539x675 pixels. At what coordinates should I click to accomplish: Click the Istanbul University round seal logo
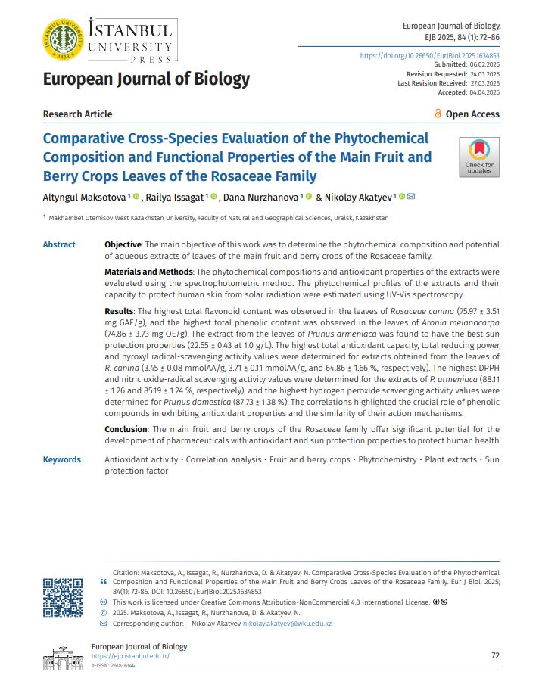(x=64, y=38)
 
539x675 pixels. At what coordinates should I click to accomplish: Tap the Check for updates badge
(x=479, y=157)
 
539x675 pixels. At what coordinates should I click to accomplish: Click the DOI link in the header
(x=429, y=56)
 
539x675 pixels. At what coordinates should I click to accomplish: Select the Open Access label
(x=472, y=114)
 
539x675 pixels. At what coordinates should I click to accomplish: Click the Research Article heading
(x=77, y=114)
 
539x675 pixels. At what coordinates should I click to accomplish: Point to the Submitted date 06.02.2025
(x=481, y=65)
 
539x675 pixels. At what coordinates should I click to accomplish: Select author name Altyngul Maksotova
(x=85, y=198)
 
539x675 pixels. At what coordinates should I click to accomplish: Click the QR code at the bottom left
(x=63, y=597)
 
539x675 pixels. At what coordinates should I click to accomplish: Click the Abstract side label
(x=59, y=244)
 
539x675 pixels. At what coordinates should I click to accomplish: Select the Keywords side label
(x=61, y=459)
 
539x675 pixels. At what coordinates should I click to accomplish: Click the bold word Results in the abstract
(x=119, y=312)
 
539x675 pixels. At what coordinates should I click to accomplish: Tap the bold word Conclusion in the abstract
(x=126, y=429)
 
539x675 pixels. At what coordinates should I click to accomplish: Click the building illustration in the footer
(x=63, y=655)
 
